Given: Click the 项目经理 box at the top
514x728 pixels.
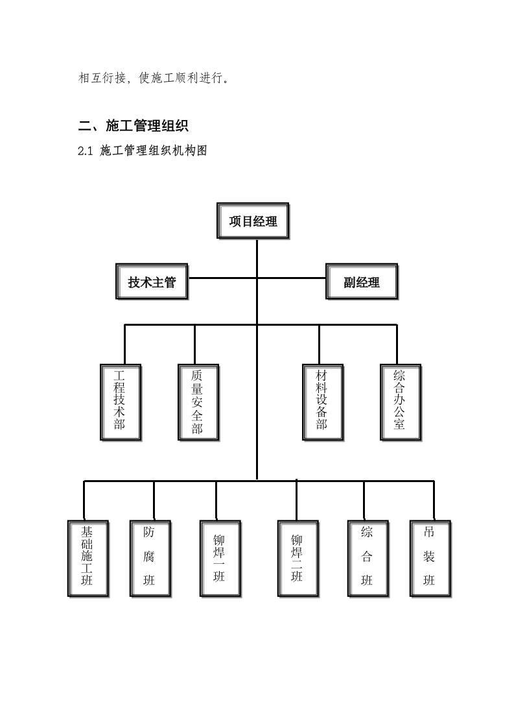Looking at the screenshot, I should tap(253, 222).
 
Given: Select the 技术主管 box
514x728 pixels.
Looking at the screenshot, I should tap(152, 282).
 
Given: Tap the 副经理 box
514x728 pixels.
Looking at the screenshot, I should tap(362, 282).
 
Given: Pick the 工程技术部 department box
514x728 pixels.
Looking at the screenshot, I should tap(121, 402).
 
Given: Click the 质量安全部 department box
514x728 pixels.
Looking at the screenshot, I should tap(198, 402).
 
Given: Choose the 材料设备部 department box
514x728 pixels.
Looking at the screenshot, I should tap(322, 402).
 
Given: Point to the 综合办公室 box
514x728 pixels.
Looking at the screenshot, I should tap(400, 402).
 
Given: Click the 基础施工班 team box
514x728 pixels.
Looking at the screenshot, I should tap(88, 557).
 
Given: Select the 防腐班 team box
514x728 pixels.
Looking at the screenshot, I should tap(150, 557).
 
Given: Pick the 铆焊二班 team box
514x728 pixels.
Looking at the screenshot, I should tap(297, 557).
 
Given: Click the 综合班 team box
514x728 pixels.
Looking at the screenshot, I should tap(367, 557).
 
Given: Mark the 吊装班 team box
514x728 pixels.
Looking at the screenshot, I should tap(430, 557).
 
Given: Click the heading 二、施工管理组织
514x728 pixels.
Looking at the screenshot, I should tap(133, 125).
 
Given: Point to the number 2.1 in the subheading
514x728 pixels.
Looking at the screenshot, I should tap(86, 152).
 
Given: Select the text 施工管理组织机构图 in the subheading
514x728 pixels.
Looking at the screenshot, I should tap(154, 152).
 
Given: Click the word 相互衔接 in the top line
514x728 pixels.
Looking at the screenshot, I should tap(104, 79).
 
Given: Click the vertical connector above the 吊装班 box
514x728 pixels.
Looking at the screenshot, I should tap(433, 500).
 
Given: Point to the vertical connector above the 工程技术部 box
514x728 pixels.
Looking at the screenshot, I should tap(124, 344).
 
